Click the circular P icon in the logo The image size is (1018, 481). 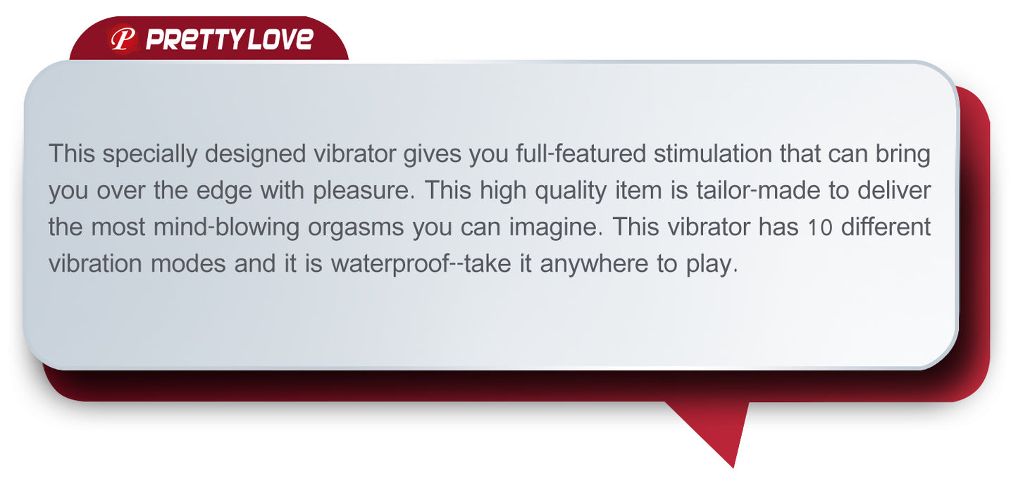(x=123, y=39)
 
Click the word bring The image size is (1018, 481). (x=903, y=154)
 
